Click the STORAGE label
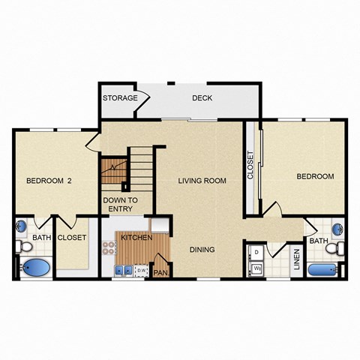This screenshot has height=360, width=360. [x=120, y=98]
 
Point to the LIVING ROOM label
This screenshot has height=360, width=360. [x=202, y=180]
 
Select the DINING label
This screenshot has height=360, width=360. [x=202, y=250]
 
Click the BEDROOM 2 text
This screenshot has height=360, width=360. [x=49, y=180]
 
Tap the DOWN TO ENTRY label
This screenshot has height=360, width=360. [x=120, y=205]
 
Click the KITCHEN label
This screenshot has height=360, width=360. [x=137, y=238]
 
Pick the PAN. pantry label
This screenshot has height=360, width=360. [x=160, y=273]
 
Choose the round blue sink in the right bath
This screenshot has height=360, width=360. [x=337, y=226]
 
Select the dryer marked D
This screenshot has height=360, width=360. [x=256, y=251]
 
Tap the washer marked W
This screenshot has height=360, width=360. [x=256, y=268]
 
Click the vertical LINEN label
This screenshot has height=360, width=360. [x=297, y=258]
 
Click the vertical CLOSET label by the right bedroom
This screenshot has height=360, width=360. [x=250, y=166]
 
